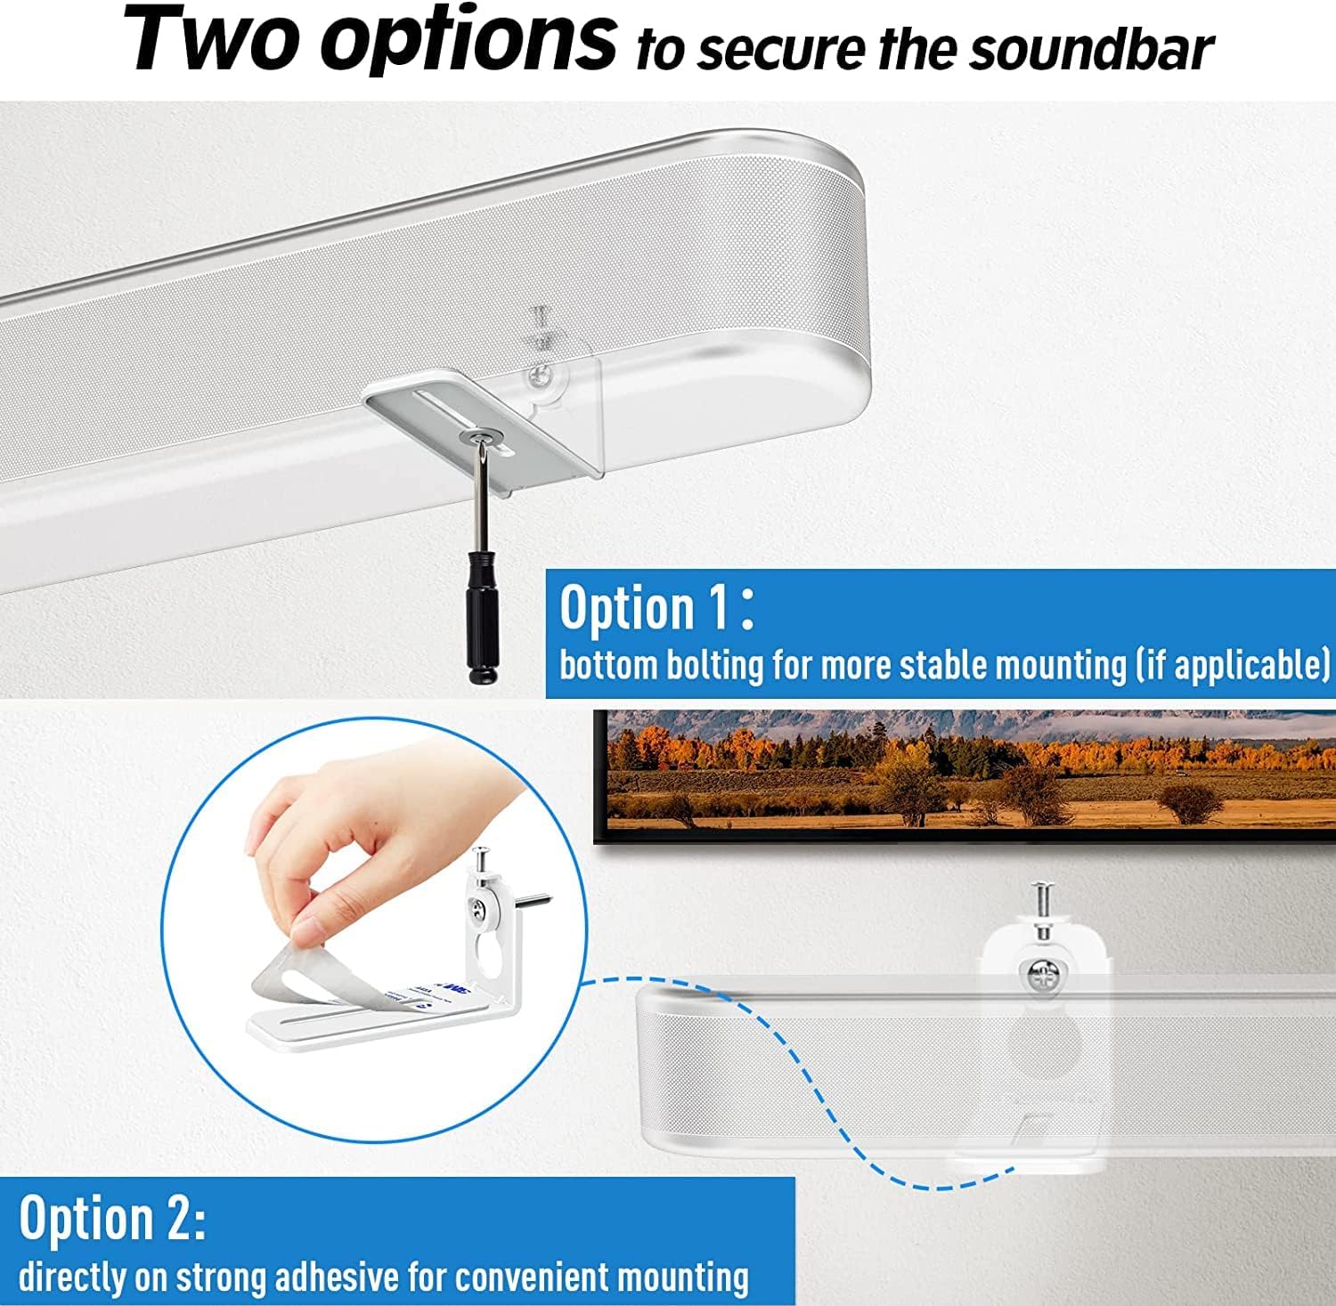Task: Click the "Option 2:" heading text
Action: (x=112, y=1218)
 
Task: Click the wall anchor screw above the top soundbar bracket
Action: (x=540, y=326)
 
